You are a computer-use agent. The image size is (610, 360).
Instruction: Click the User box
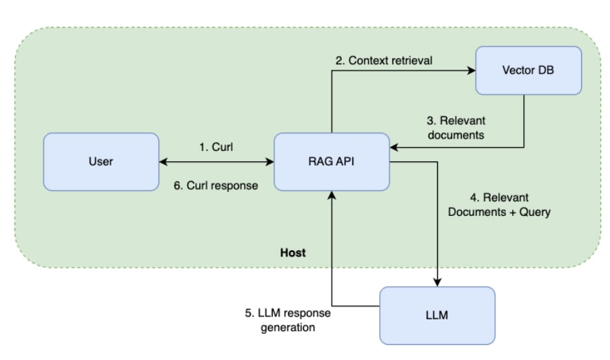(101, 162)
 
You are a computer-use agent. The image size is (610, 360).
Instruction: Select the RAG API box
(332, 162)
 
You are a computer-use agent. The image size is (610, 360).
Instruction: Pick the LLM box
(437, 315)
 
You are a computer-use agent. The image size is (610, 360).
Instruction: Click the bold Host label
(292, 253)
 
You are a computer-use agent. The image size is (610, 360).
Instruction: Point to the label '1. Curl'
(216, 147)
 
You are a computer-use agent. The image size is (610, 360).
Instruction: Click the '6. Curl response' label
(216, 186)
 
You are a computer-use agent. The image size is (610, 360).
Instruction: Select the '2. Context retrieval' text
(384, 61)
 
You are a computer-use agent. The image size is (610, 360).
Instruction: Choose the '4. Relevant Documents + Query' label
(499, 206)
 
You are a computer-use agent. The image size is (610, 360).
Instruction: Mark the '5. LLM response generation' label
(287, 320)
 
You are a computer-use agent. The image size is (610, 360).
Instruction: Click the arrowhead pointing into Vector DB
(471, 70)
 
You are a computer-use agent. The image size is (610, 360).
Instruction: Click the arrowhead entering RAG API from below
(332, 196)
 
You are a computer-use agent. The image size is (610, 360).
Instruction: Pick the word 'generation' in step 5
(287, 327)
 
